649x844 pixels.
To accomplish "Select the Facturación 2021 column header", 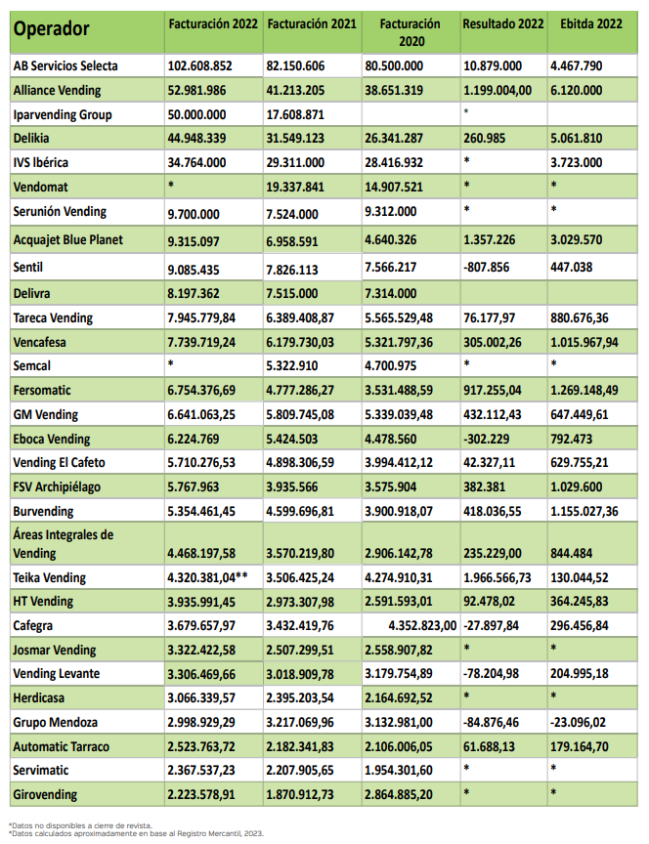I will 312,22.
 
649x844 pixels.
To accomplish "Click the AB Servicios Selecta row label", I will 66,65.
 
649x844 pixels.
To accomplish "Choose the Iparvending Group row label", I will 63,114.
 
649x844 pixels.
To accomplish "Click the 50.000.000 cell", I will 201,114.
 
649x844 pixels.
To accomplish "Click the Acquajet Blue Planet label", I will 74,239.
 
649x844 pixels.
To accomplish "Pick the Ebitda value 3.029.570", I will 584,239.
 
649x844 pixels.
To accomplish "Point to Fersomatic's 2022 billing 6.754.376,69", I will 211,391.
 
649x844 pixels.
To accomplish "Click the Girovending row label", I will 46,795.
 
